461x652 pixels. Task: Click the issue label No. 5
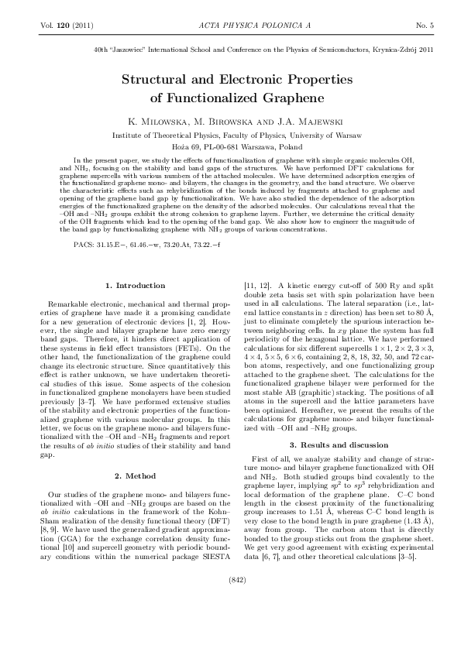click(425, 26)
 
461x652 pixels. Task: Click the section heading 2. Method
click(134, 475)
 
